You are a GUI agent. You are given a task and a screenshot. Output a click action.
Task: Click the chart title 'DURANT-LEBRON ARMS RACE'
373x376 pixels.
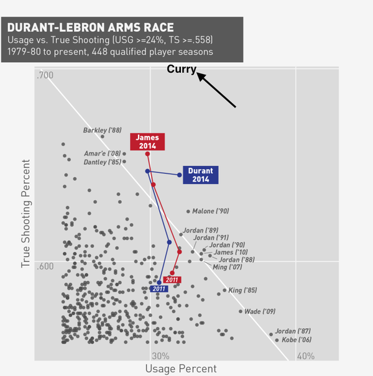pos(90,27)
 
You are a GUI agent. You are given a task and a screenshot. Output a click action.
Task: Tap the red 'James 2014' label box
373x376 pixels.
pos(147,141)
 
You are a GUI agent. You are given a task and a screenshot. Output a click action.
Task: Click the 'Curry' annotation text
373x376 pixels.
pos(182,70)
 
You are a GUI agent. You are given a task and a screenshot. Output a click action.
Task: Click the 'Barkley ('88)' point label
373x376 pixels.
pos(103,131)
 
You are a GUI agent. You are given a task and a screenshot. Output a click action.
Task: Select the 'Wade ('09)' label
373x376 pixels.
pos(260,311)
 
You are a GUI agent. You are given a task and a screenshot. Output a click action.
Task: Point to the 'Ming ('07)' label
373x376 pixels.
pos(228,267)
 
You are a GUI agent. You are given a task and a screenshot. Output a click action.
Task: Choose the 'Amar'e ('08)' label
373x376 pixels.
pos(103,154)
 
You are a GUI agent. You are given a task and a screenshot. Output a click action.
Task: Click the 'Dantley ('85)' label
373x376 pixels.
pos(102,162)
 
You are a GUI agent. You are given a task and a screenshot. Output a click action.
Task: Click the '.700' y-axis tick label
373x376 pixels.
pos(45,76)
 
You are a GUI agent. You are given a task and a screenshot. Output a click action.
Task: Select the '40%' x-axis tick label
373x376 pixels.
pos(305,356)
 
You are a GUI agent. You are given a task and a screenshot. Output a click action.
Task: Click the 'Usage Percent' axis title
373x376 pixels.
pos(181,369)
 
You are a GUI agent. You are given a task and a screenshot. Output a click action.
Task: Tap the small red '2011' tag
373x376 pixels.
pos(172,280)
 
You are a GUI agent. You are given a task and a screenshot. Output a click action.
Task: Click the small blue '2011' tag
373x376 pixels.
pos(159,288)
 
